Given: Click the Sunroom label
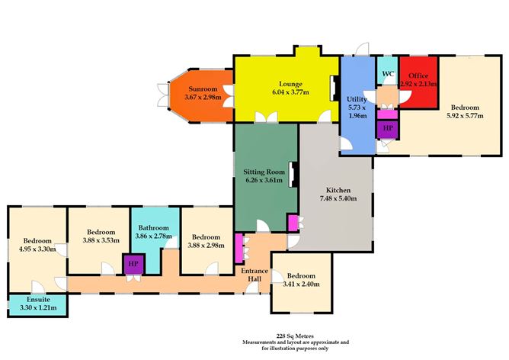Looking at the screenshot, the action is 203,89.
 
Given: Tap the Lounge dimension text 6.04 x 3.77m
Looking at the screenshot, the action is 290,92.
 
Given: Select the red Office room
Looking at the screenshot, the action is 418,82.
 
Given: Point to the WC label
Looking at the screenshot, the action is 388,74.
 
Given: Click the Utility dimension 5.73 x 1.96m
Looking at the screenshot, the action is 357,111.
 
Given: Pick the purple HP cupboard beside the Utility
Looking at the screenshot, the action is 388,129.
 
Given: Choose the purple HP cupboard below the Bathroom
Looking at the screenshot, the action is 133,264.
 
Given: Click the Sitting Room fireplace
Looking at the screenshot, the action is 294,175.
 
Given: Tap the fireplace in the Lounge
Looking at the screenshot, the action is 335,88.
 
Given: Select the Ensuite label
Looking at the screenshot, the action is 38,299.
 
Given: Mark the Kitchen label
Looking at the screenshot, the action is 338,190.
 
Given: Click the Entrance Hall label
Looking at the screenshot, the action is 254,275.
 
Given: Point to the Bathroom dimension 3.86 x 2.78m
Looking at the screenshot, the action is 154,236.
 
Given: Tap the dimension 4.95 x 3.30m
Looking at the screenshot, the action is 37,249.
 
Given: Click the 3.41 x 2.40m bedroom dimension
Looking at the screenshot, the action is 301,284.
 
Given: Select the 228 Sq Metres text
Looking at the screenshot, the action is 295,336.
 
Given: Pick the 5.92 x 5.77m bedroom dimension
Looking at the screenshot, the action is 465,116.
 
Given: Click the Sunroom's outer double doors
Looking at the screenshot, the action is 163,95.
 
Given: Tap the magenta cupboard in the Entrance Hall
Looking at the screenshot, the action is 239,249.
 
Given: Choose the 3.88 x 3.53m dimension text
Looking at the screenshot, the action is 101,240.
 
